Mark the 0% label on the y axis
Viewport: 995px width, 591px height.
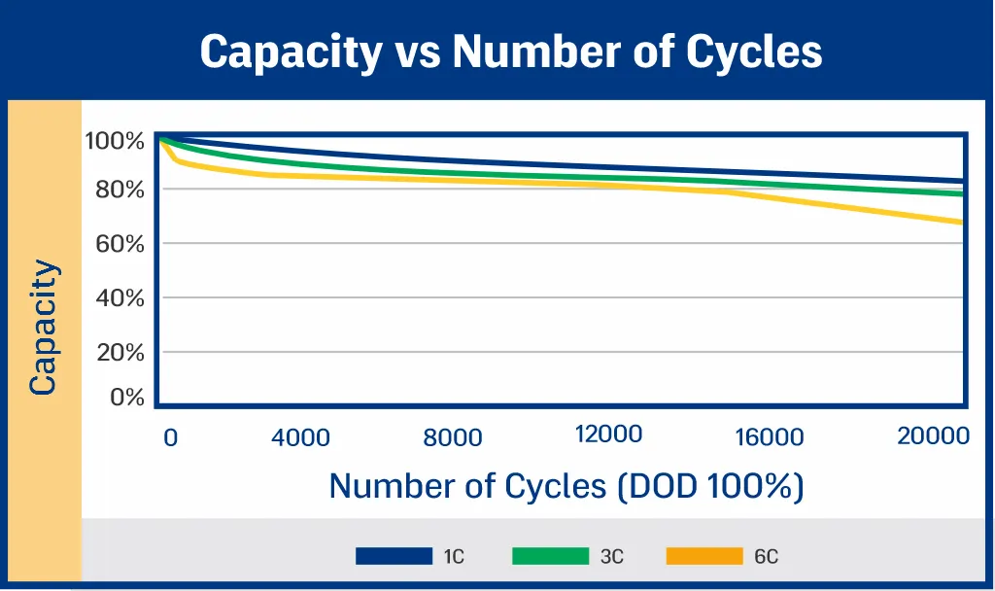(127, 398)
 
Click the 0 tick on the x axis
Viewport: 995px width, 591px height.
(171, 438)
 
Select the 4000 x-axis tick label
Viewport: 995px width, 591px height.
(300, 438)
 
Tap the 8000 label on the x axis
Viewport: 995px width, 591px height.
(453, 438)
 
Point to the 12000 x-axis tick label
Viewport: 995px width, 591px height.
(608, 434)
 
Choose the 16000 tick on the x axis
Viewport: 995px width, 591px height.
(770, 438)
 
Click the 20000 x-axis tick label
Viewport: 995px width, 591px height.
(933, 435)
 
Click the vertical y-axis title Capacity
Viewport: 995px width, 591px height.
(43, 327)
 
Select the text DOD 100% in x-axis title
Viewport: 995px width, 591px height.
(710, 485)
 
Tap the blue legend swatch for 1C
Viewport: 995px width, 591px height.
(394, 556)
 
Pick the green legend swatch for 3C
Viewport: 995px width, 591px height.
(550, 556)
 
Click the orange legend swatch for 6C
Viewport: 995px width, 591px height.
(704, 556)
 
